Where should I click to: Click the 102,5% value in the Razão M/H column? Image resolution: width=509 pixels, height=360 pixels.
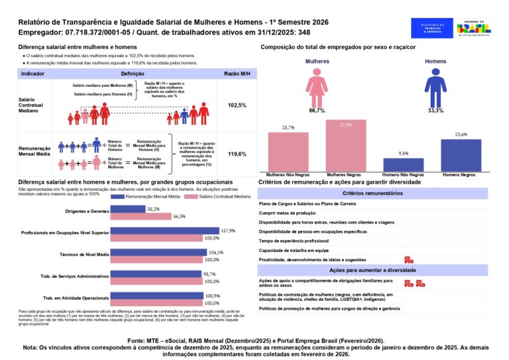237,105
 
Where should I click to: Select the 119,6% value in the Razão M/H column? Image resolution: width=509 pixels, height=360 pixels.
237,154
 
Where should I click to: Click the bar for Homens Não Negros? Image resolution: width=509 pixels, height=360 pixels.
403,164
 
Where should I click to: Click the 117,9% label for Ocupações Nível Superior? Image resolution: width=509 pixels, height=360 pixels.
228,231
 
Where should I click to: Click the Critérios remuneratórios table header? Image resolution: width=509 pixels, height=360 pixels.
372,193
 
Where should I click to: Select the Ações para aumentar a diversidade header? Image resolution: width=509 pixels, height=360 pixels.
372,270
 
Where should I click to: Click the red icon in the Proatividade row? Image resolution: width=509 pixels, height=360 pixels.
408,260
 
